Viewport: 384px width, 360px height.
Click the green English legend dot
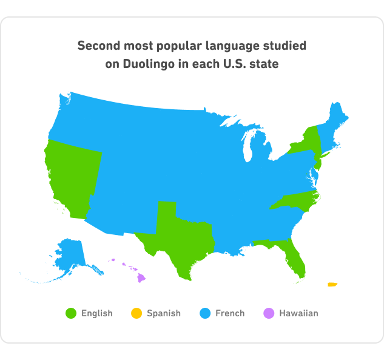click(72, 313)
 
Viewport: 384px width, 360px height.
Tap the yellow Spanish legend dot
click(137, 313)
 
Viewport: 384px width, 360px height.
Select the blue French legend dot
click(206, 313)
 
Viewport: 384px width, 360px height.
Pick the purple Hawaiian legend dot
click(269, 313)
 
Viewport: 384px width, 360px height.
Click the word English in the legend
click(97, 313)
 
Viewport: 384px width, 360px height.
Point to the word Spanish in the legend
click(164, 313)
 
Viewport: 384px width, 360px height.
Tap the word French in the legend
click(230, 313)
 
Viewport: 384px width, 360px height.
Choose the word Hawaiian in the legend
click(298, 313)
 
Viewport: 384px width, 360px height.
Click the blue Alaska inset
click(70, 255)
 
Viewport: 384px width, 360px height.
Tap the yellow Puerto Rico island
click(332, 284)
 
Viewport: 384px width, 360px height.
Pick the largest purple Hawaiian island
click(141, 277)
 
